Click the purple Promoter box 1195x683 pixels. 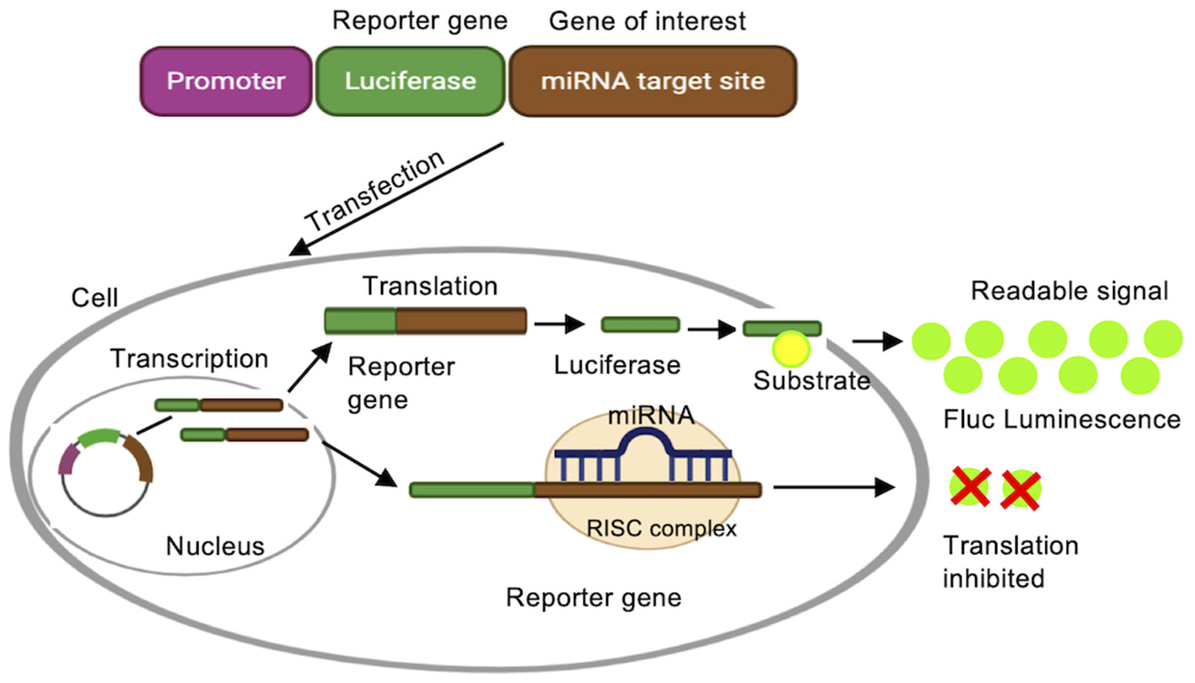pos(226,82)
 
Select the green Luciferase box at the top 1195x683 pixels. pos(410,82)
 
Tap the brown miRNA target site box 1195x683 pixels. pos(652,82)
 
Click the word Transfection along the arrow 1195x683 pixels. pos(375,191)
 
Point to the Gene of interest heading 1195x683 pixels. pos(648,21)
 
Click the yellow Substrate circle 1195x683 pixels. pos(790,347)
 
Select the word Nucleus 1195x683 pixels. pos(214,546)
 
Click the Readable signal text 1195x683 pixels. pos(1069,292)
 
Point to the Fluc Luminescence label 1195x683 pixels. pos(1062,418)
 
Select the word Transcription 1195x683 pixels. pos(190,358)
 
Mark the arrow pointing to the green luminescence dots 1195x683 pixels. pos(875,341)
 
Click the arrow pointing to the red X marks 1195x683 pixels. pos(834,487)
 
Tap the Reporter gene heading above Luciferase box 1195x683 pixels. pos(420,21)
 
